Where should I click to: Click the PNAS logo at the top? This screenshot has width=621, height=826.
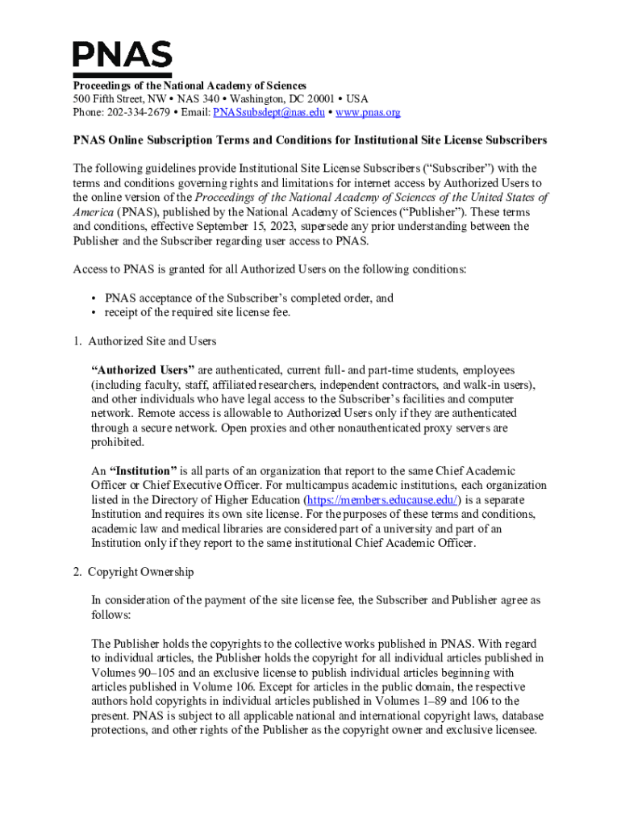[122, 55]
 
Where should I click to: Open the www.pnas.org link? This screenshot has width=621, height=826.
[368, 112]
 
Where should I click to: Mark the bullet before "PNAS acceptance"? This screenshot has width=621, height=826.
[94, 298]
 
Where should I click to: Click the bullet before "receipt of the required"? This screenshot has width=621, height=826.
[94, 312]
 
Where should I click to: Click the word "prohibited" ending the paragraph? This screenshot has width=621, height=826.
[119, 442]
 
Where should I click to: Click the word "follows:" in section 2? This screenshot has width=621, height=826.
[112, 615]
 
